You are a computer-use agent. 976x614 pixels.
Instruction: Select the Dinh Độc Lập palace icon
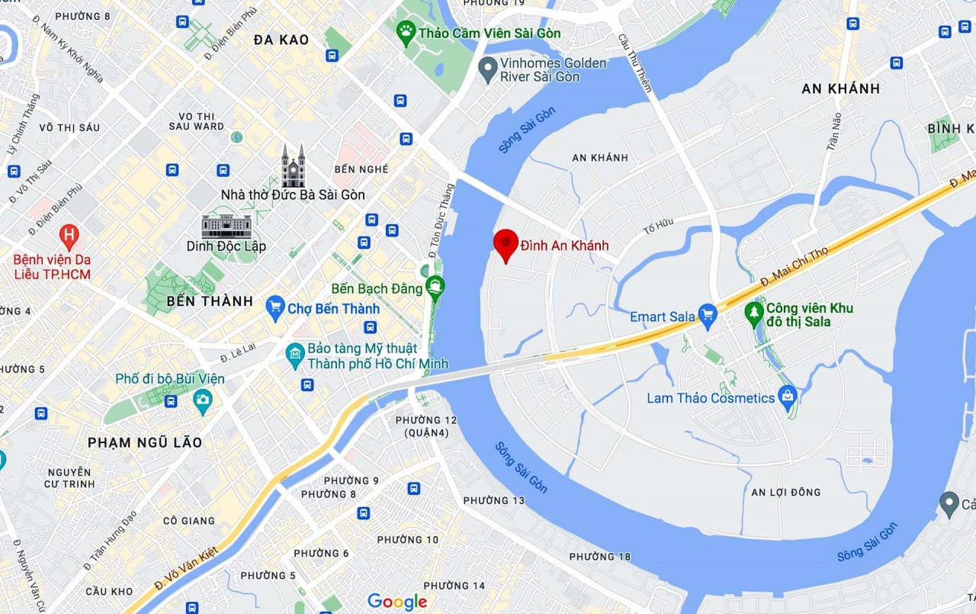(x=226, y=226)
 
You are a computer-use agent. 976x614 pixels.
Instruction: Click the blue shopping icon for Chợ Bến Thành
(x=275, y=308)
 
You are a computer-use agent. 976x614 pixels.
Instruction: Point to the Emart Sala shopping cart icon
(x=708, y=316)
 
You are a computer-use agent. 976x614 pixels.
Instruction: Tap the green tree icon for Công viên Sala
(x=754, y=311)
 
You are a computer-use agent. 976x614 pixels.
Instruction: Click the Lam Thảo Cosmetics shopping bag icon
(x=788, y=397)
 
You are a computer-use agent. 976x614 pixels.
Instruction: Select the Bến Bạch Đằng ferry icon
(x=435, y=288)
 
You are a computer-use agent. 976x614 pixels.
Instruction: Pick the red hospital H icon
(x=69, y=236)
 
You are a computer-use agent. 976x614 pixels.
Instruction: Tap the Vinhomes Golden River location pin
(x=487, y=70)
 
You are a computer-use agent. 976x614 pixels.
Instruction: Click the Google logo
(x=396, y=602)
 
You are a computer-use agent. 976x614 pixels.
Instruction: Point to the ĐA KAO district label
(x=281, y=40)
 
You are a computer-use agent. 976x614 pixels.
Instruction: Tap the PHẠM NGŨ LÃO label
(x=145, y=442)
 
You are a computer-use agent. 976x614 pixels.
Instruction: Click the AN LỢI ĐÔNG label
(x=785, y=492)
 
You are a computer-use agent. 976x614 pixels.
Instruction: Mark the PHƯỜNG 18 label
(x=600, y=556)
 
